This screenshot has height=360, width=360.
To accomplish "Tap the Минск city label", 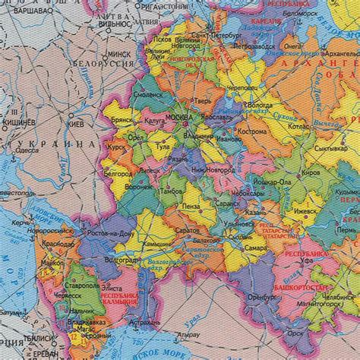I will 120,55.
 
